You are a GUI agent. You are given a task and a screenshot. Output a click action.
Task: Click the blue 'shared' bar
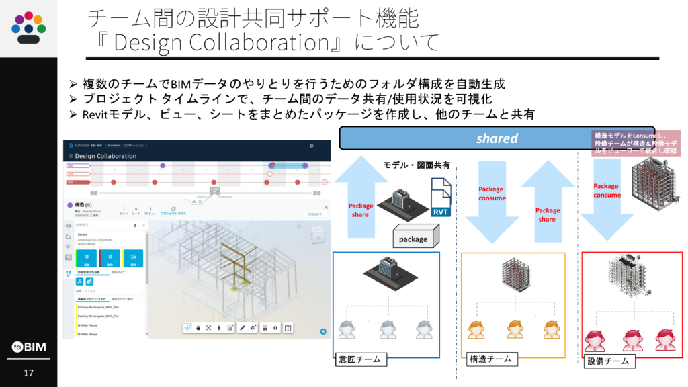coord(497,138)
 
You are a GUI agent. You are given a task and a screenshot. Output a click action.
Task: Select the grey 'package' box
coord(413,239)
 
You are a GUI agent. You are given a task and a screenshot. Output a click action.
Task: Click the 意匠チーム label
coord(359,359)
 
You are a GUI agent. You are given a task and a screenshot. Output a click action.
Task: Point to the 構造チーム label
coord(489,359)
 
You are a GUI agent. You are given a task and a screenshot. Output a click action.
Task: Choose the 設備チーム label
coord(608,361)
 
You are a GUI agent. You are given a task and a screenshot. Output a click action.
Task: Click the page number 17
coord(28,373)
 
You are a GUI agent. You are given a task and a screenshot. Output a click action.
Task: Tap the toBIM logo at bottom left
coord(28,347)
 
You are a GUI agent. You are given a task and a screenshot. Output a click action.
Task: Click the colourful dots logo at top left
coord(28,27)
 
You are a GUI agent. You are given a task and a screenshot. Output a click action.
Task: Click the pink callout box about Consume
coord(636,144)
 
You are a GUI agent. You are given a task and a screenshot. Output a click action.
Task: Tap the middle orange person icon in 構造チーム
coord(515,330)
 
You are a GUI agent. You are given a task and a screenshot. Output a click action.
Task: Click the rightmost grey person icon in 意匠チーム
coord(423,330)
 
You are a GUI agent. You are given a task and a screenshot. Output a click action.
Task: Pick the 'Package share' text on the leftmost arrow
coord(359,210)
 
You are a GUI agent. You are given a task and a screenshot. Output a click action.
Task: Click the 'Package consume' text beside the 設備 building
coord(606,190)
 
